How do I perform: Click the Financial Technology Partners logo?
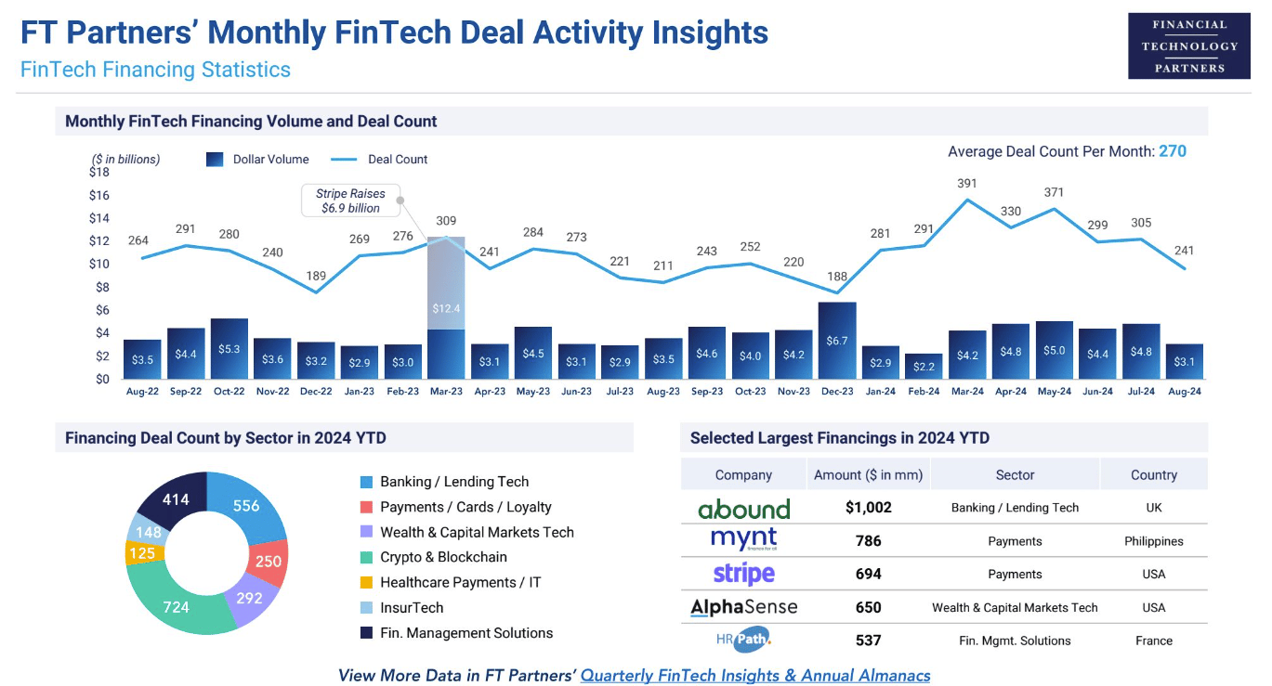[x=1188, y=45]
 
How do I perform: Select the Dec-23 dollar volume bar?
[x=837, y=341]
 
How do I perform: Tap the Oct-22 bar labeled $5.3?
[x=229, y=348]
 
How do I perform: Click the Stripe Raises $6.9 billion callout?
[x=350, y=201]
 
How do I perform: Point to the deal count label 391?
[x=967, y=184]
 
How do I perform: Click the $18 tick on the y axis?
[x=99, y=173]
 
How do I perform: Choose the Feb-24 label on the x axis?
[x=924, y=392]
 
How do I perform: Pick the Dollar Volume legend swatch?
[x=215, y=160]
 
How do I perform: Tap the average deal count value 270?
[x=1172, y=151]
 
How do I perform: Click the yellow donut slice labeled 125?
[x=143, y=553]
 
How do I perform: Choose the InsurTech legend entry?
[x=412, y=608]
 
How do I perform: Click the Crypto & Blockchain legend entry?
[x=443, y=557]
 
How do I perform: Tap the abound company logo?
[x=743, y=509]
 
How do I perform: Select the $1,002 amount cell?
[x=868, y=508]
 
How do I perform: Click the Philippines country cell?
[x=1153, y=541]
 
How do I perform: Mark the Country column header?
[x=1153, y=474]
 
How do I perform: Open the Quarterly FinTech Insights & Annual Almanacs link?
[x=754, y=675]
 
